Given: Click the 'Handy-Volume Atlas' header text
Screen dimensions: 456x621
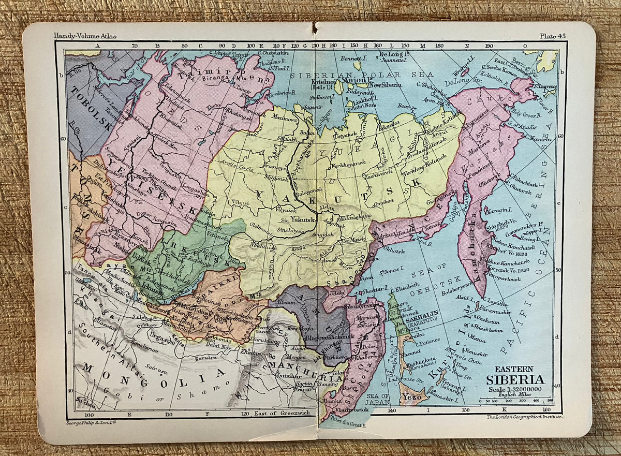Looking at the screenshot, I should coord(85,36).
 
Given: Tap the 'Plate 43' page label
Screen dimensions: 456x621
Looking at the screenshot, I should coord(553,36).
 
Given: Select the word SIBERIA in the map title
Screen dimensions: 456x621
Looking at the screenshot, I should coord(515,379).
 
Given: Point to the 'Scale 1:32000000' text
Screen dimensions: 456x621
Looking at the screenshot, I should coord(514,389).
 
